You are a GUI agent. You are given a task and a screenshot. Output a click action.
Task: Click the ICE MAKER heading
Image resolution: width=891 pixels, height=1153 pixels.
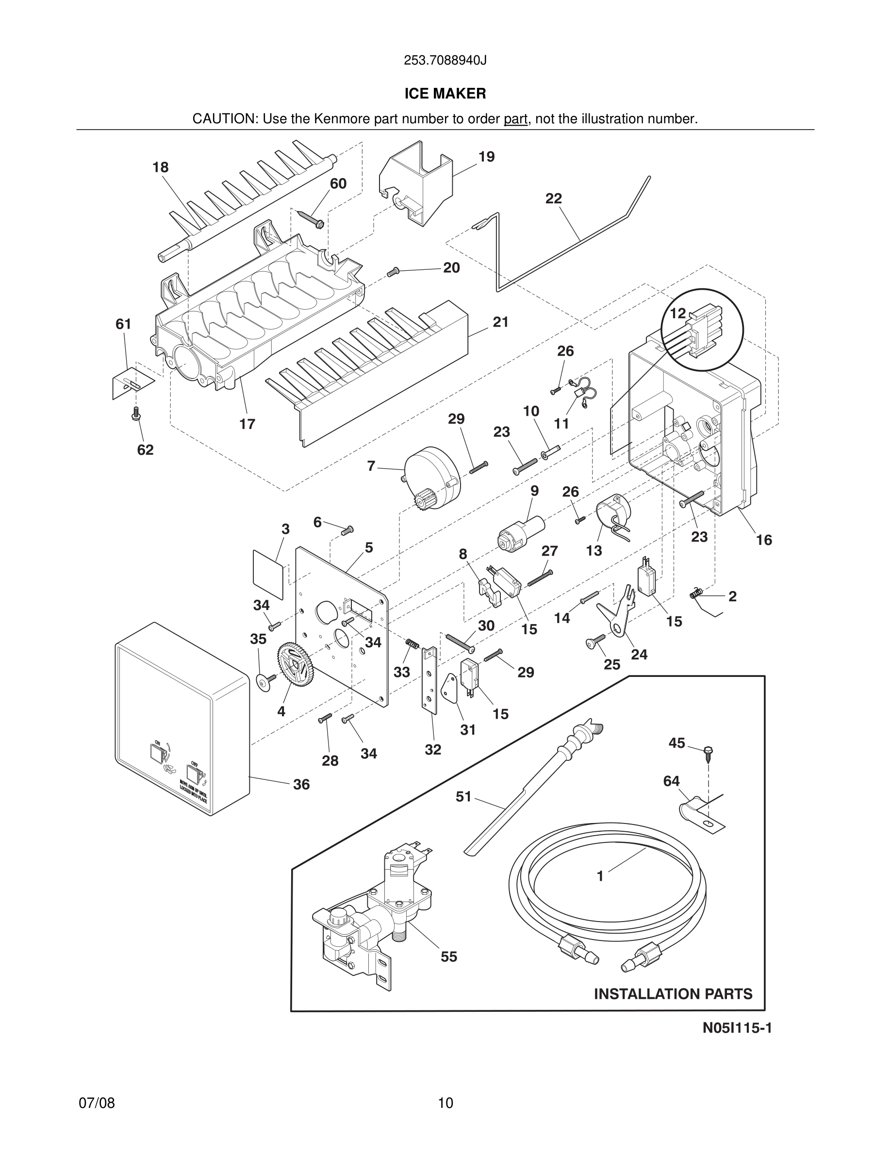(x=445, y=94)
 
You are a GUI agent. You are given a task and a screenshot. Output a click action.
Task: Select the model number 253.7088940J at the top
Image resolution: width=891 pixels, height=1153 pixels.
(x=445, y=61)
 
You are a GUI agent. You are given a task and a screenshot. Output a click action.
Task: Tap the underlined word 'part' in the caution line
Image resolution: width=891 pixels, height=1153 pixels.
(x=516, y=119)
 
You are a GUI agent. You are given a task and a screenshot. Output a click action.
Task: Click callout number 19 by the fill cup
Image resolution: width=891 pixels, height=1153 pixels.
(x=487, y=157)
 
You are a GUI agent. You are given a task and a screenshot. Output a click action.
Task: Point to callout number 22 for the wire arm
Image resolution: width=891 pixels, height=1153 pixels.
(x=554, y=198)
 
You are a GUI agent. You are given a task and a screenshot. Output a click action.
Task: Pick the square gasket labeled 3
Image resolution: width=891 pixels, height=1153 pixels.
(x=268, y=569)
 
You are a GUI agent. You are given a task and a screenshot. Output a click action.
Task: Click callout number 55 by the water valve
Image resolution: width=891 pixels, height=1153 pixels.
(x=449, y=956)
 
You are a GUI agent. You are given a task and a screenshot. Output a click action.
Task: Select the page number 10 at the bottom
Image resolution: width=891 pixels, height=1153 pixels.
(x=445, y=1103)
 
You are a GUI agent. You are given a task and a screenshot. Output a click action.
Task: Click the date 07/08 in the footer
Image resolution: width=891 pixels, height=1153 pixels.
(x=97, y=1103)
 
